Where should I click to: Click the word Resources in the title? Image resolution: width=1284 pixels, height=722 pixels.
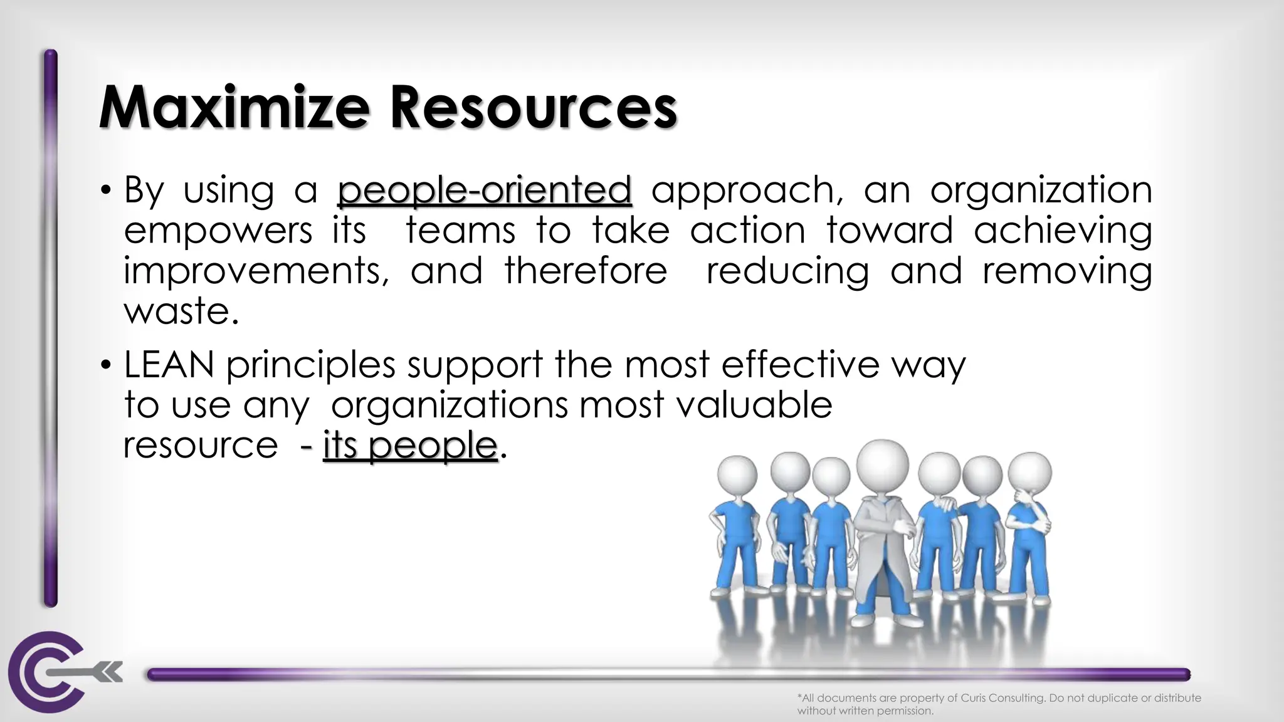[x=533, y=108]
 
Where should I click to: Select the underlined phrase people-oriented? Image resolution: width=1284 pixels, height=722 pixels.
[x=484, y=190]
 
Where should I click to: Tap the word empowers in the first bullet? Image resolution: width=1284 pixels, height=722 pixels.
[x=218, y=231]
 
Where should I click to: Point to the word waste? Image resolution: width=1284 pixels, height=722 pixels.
[x=181, y=311]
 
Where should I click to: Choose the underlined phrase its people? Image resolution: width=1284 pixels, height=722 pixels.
[x=410, y=446]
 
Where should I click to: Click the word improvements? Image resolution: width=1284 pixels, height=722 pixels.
[x=256, y=271]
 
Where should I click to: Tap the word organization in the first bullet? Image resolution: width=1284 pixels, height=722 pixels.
[x=1041, y=190]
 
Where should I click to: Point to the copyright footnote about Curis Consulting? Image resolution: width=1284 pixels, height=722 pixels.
[x=999, y=704]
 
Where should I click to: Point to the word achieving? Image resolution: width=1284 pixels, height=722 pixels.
[x=1063, y=231]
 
